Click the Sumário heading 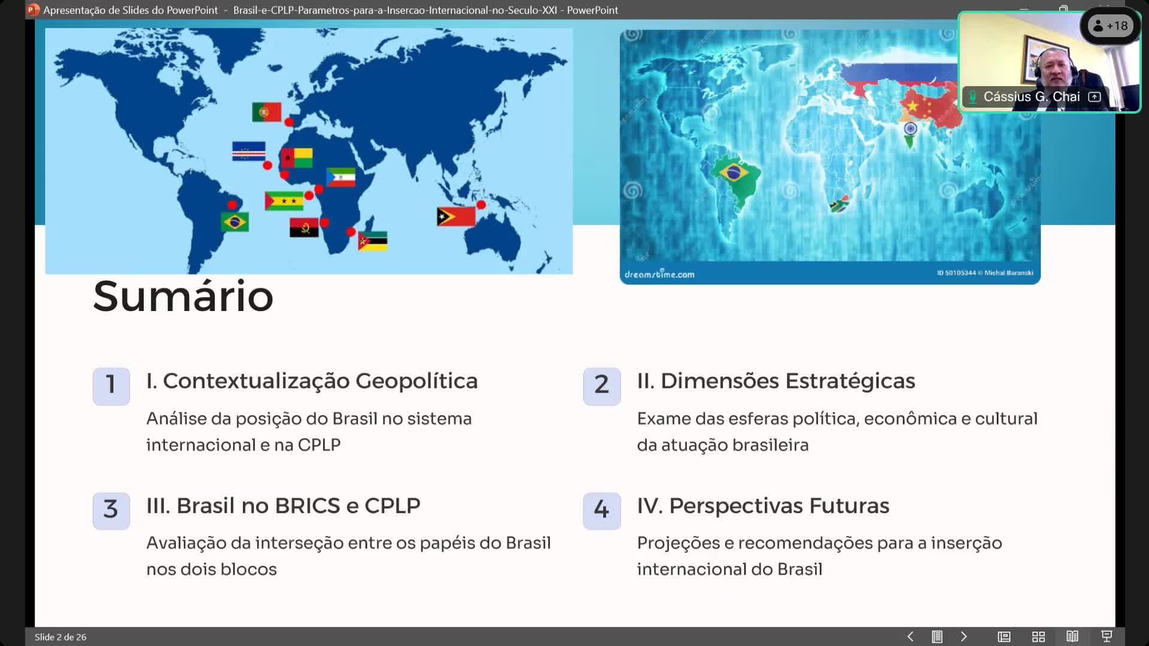(x=183, y=296)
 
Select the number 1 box (x=111, y=386)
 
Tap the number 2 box (x=602, y=386)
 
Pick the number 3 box (x=111, y=510)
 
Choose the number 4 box (x=602, y=510)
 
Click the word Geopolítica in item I (x=417, y=382)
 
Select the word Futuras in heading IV (x=849, y=506)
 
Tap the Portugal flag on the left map (x=267, y=112)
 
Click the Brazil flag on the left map (x=235, y=222)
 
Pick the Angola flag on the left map (x=304, y=228)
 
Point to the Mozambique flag (x=373, y=241)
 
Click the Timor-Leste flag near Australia (x=456, y=217)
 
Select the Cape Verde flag (x=249, y=151)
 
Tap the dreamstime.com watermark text (x=659, y=274)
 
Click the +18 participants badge (x=1111, y=26)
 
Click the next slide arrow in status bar (x=963, y=636)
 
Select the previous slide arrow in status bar (x=910, y=636)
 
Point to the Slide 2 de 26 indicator (x=60, y=637)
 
